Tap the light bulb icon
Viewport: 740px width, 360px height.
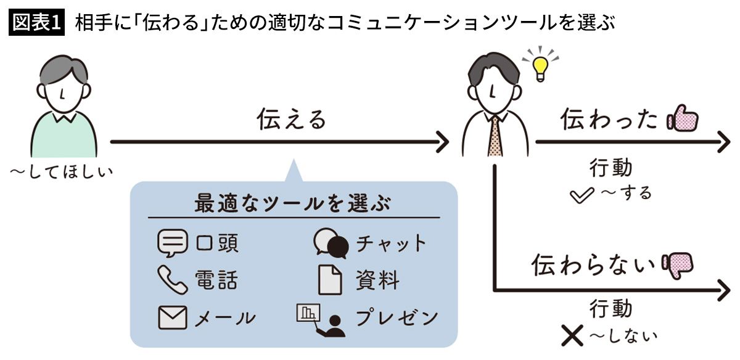click(x=540, y=67)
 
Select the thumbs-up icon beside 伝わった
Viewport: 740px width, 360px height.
click(x=681, y=118)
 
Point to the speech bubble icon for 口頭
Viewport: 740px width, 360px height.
click(x=172, y=243)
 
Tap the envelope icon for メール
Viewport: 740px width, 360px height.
click(x=172, y=318)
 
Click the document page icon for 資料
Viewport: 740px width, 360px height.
click(x=330, y=280)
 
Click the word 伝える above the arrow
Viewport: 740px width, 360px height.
click(x=291, y=120)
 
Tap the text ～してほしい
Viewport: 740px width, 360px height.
click(x=62, y=171)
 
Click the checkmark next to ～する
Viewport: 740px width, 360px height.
click(x=583, y=196)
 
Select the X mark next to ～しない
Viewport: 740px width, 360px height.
click(x=573, y=335)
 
